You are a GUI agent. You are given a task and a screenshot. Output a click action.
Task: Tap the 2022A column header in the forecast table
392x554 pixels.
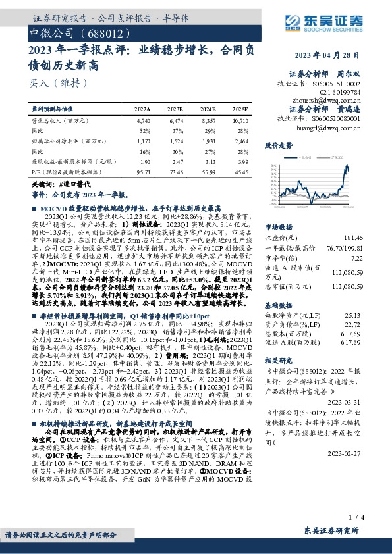click(142, 108)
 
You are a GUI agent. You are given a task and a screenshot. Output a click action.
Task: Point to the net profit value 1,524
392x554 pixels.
click(175, 140)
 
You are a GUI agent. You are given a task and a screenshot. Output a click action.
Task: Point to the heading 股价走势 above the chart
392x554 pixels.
click(277, 144)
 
